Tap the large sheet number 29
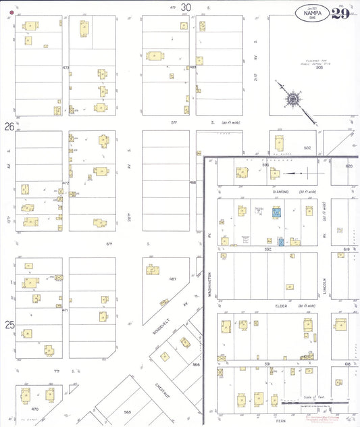click(340, 14)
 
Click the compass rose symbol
click(293, 99)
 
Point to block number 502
click(307, 147)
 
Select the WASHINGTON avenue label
click(210, 284)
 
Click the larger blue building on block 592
click(276, 213)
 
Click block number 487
click(172, 278)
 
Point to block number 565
click(127, 411)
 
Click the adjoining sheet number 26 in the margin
click(9, 126)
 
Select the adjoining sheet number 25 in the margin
click(9, 325)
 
